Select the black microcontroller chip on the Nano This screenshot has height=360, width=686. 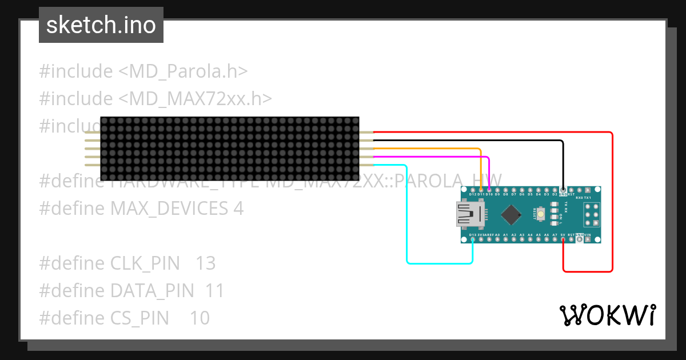coord(510,215)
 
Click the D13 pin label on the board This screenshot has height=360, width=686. coord(473,235)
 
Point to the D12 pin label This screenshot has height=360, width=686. coord(473,194)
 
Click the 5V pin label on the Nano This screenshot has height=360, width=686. coord(563,235)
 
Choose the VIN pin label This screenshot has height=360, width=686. coord(588,235)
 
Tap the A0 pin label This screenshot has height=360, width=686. coord(497,235)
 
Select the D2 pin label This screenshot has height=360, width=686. coord(555,194)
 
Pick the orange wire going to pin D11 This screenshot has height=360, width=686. coord(434,149)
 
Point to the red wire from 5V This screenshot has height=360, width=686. coord(612,200)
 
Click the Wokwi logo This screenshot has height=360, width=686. coord(608,315)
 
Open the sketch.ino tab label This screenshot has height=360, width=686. coord(101,25)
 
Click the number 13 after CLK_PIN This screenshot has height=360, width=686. coord(205,263)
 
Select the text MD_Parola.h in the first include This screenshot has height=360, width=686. coord(183,71)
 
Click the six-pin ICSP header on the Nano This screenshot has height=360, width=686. coord(592,214)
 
